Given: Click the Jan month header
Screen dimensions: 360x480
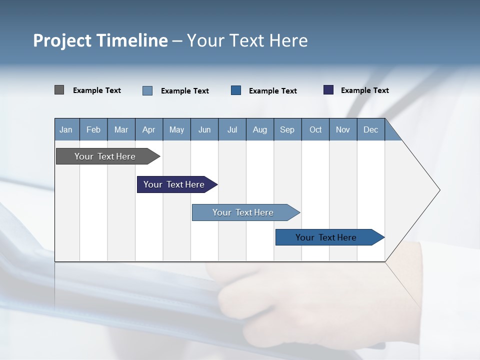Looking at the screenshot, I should pyautogui.click(x=66, y=129).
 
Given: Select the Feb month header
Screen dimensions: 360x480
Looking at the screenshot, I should pyautogui.click(x=93, y=129).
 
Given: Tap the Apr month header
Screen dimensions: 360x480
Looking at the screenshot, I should pyautogui.click(x=148, y=129).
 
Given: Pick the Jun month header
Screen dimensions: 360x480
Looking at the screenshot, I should pyautogui.click(x=204, y=129).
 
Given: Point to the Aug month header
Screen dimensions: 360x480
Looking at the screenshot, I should pyautogui.click(x=259, y=129).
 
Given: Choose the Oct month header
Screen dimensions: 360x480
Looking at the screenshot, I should pyautogui.click(x=315, y=129).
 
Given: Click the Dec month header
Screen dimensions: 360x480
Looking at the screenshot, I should pyautogui.click(x=370, y=129).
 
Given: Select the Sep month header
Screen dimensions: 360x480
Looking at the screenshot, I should pyautogui.click(x=287, y=129).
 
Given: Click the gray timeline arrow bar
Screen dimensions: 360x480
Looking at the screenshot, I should pyautogui.click(x=105, y=156).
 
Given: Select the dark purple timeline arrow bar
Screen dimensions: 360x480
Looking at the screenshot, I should pyautogui.click(x=174, y=184).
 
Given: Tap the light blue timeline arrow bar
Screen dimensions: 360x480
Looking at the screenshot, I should pyautogui.click(x=243, y=212).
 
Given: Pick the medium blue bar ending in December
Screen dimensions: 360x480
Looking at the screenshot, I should pyautogui.click(x=326, y=237).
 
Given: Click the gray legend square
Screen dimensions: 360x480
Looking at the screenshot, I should pyautogui.click(x=59, y=90).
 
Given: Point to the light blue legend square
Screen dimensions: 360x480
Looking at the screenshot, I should pyautogui.click(x=147, y=90).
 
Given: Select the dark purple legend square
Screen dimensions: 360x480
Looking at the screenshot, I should pyautogui.click(x=328, y=90).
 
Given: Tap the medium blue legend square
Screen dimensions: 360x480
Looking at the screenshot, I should pyautogui.click(x=236, y=90).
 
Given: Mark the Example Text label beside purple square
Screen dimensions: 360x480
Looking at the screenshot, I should pyautogui.click(x=364, y=90).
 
